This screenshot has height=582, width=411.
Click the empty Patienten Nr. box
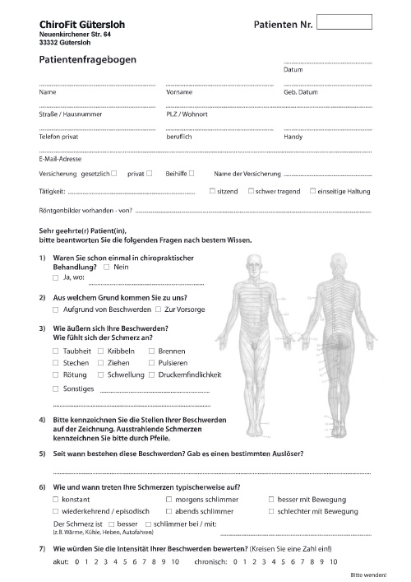pos(343,22)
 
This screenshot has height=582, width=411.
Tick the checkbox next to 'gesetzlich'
pos(114,174)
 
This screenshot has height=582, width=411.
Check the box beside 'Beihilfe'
pos(192,174)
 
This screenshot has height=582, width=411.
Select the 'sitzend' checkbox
pos(213,191)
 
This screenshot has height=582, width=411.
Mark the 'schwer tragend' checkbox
pos(251,191)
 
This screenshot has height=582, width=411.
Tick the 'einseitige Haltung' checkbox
pos(313,191)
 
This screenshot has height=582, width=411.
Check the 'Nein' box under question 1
pos(107,268)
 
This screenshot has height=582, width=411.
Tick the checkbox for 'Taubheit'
pos(55,351)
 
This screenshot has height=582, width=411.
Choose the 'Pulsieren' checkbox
pos(152,363)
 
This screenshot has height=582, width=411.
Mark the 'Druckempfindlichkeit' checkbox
pos(152,375)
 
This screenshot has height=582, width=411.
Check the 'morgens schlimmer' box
pos(169,500)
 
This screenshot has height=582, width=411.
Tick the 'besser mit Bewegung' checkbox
pos(272,500)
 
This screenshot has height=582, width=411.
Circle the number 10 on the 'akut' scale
pos(175,561)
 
